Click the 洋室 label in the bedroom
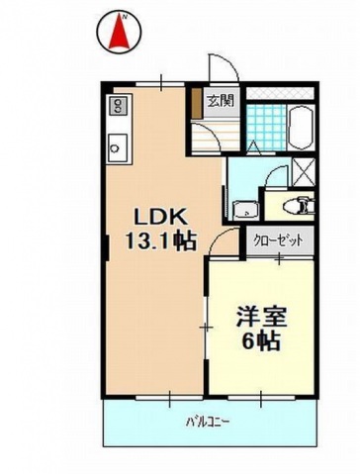pyautogui.click(x=259, y=320)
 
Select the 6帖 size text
pyautogui.click(x=261, y=342)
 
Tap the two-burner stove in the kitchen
pyautogui.click(x=117, y=104)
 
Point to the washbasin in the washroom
pyautogui.click(x=242, y=209)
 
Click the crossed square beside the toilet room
pyautogui.click(x=304, y=170)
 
